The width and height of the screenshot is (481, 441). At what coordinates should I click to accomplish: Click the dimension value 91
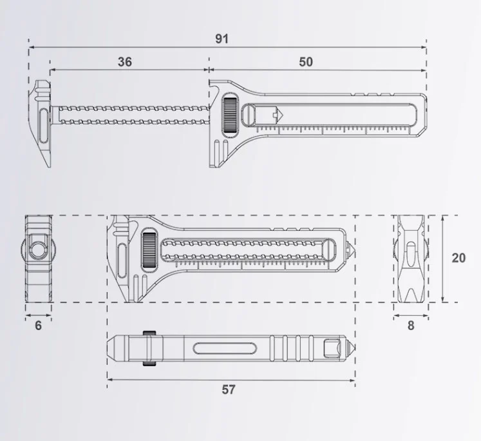[222, 39]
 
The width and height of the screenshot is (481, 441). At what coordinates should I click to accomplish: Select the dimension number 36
[125, 62]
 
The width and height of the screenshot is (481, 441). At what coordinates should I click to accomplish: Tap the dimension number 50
[306, 62]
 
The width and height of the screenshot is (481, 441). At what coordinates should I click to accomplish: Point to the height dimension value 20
[458, 258]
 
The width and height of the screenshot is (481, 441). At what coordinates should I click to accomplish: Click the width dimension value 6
[38, 326]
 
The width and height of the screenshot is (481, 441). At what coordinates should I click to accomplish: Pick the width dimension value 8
[411, 326]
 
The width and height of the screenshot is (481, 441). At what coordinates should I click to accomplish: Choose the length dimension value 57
[229, 389]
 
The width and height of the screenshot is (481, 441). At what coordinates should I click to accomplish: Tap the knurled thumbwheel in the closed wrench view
[149, 251]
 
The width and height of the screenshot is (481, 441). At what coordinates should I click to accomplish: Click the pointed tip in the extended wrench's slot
[279, 115]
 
